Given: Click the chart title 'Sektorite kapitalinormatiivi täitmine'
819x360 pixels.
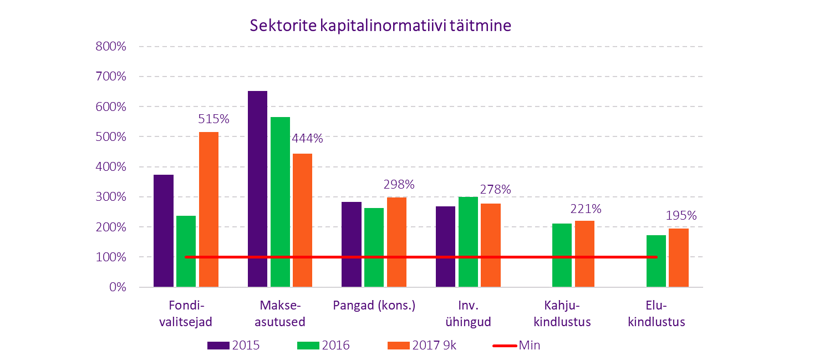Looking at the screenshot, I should [380, 26].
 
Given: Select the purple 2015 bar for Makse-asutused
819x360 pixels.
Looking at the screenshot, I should [257, 189].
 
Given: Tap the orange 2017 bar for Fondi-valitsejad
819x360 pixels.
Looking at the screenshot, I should [208, 209].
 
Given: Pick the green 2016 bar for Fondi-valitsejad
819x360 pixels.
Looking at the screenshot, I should [186, 251].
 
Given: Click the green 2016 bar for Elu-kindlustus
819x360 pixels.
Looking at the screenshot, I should [656, 261].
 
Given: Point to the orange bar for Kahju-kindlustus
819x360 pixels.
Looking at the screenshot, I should [584, 254].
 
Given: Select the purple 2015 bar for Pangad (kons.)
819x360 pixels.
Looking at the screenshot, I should [352, 245].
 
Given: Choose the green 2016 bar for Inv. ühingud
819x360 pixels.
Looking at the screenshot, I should [468, 242].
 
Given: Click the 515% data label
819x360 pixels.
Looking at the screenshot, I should [213, 119].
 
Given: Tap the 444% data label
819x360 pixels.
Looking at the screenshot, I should [307, 139].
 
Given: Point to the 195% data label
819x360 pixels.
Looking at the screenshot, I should [681, 216].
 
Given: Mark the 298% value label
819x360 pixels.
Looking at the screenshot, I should [399, 184].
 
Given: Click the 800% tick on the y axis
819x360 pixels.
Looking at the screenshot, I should [112, 47].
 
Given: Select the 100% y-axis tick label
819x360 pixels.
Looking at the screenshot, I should [112, 257].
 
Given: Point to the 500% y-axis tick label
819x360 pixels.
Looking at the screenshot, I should [112, 137].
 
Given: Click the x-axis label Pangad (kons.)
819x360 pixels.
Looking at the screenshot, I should [374, 306].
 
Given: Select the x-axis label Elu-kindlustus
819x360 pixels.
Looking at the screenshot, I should [657, 314].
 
